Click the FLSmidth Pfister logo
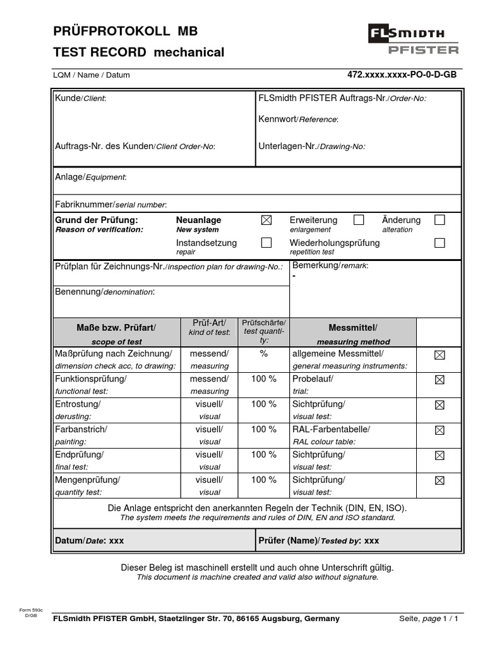click(x=414, y=39)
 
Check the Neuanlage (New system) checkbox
click(x=266, y=220)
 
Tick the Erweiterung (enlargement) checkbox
click(x=359, y=220)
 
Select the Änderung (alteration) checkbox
click(x=440, y=220)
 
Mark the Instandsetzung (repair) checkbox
click(x=266, y=243)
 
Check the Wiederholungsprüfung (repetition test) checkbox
click(x=440, y=243)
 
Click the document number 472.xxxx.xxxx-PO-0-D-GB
click(x=402, y=75)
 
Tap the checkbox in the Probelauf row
click(x=440, y=380)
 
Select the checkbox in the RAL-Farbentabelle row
click(x=440, y=430)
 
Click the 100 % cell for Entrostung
click(x=263, y=404)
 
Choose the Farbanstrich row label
click(x=81, y=430)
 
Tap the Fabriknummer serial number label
click(x=111, y=204)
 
